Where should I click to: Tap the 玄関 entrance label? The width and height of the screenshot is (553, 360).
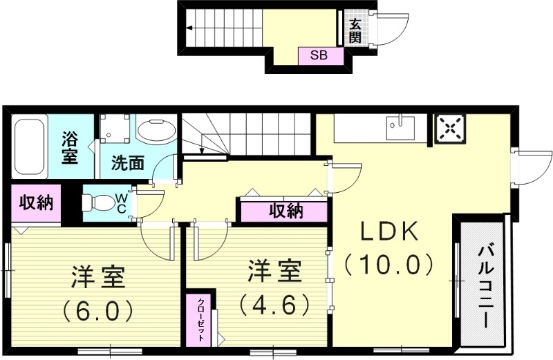tap(355, 30)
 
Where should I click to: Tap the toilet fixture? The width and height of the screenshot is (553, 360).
tap(97, 203)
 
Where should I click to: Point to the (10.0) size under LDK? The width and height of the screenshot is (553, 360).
tap(390, 265)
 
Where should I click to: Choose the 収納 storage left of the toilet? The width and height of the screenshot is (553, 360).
tap(35, 203)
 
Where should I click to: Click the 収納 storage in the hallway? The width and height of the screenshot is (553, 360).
tap(285, 211)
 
